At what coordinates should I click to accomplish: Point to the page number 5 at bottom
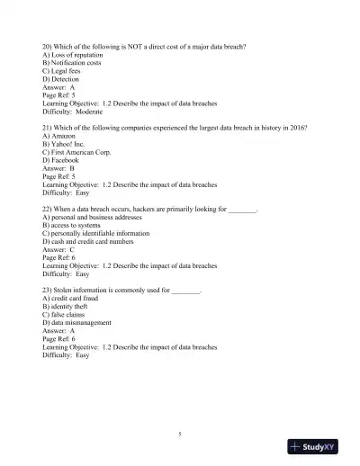coord(180,435)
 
